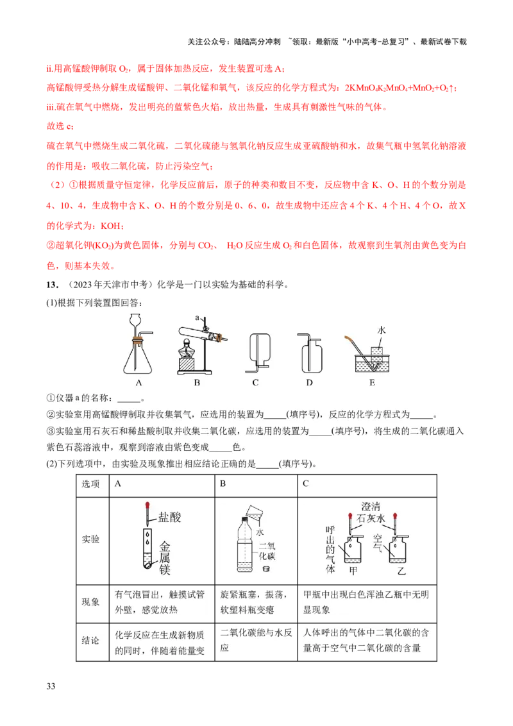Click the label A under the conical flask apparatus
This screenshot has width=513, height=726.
[x=138, y=384]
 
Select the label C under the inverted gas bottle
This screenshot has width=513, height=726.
[x=255, y=384]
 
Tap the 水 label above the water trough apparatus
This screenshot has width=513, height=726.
[x=382, y=330]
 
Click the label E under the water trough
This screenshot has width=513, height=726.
[x=372, y=384]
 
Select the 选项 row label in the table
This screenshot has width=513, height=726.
[x=90, y=485]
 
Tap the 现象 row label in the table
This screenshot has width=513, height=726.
[x=90, y=602]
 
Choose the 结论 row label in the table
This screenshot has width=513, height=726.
[x=90, y=641]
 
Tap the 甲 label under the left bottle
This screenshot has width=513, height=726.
[x=352, y=570]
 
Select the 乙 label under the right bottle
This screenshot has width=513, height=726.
[x=402, y=570]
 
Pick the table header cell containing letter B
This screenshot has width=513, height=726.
[x=255, y=485]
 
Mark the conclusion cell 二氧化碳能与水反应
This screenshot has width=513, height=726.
[x=255, y=640]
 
